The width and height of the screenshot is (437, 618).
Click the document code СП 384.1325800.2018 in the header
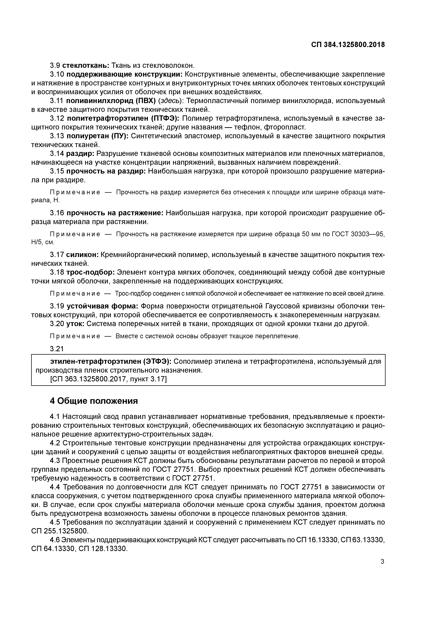348,45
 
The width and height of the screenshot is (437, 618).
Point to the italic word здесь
170,101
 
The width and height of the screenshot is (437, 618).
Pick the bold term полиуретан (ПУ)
97,136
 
